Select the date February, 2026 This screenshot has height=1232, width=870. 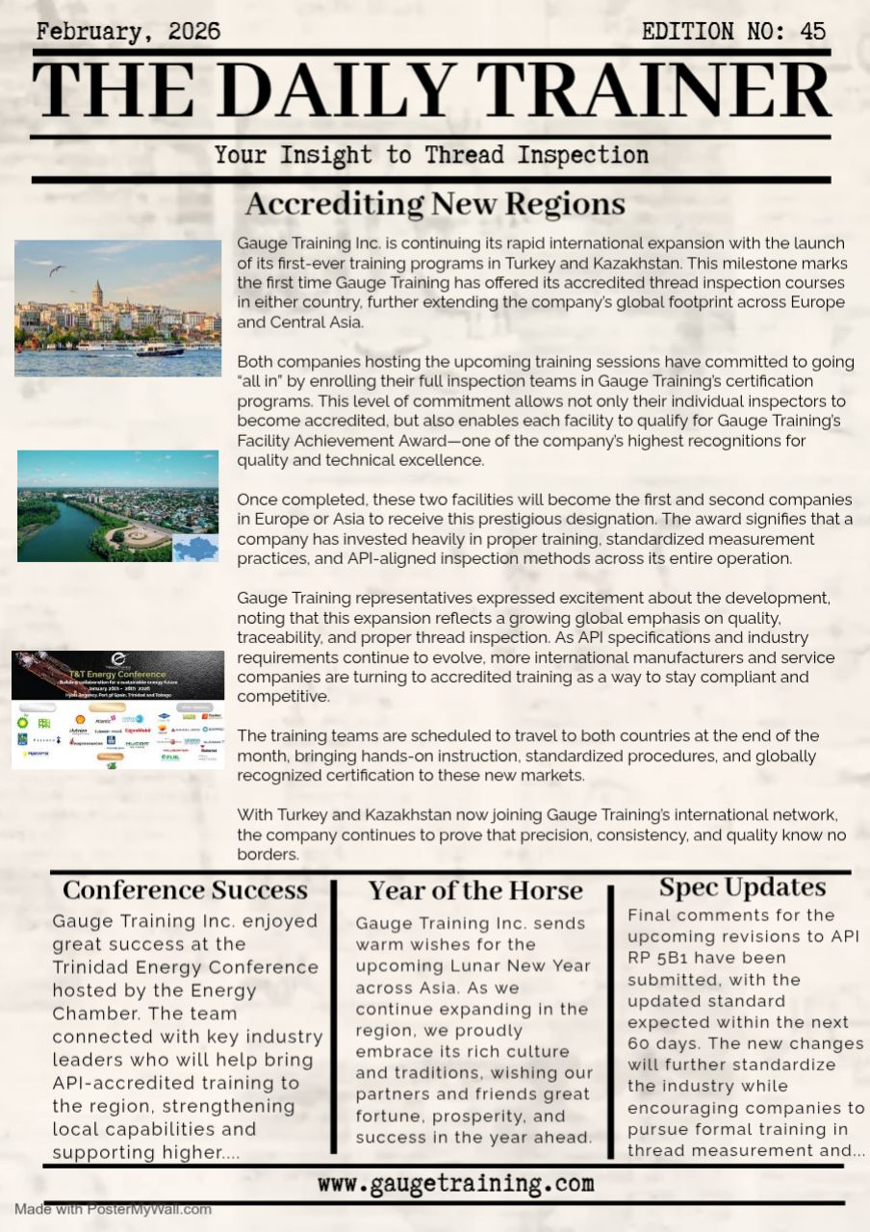tap(128, 32)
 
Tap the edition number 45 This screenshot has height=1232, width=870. tap(812, 32)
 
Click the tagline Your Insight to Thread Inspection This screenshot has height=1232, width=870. tap(431, 155)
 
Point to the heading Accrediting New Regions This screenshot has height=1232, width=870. tap(435, 204)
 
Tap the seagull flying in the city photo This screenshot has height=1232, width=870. tap(57, 270)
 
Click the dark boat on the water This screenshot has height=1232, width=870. tap(159, 350)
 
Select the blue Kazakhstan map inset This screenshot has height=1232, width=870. tap(195, 548)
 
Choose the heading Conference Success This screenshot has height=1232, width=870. tap(185, 889)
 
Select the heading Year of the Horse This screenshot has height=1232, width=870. tap(475, 890)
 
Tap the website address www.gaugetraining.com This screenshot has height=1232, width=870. tap(455, 1184)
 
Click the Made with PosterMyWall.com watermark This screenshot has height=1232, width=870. tap(113, 1209)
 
